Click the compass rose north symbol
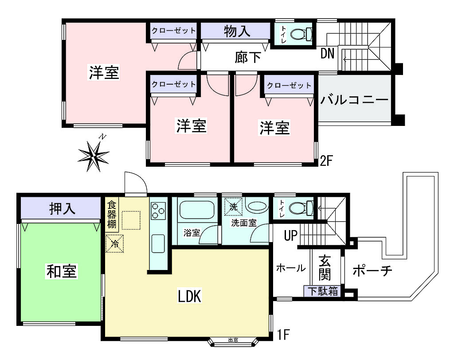(94, 156)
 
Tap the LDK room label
(189, 296)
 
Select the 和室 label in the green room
(62, 271)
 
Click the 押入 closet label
(62, 208)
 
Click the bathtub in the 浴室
(197, 210)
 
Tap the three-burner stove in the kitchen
(158, 211)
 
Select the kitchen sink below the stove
(158, 243)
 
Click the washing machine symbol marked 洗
(233, 207)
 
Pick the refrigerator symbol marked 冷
(115, 243)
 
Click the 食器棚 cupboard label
(112, 215)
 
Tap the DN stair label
(328, 53)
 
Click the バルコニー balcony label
(354, 100)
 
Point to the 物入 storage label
(237, 31)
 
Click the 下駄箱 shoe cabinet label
(323, 291)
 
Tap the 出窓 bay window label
(233, 340)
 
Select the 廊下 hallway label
(248, 57)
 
